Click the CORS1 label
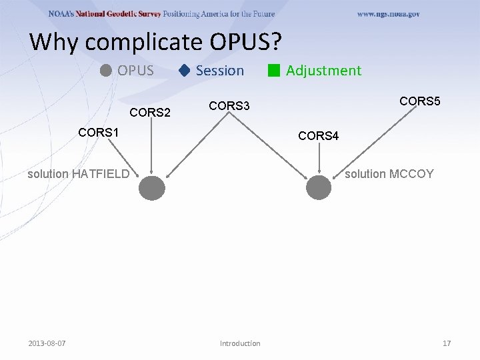[98, 132]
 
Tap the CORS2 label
[150, 112]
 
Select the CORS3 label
[229, 105]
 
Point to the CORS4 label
[319, 136]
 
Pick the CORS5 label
[419, 101]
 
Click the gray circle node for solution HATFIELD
[152, 187]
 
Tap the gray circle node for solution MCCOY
[319, 187]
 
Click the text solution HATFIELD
[78, 174]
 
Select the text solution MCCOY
[389, 174]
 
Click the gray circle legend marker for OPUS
[106, 70]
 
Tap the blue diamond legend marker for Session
[185, 70]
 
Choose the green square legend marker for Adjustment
[273, 71]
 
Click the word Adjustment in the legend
[323, 71]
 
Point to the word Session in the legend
[219, 71]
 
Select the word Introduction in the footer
[240, 343]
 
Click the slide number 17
[447, 343]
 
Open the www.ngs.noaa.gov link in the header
[388, 14]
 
